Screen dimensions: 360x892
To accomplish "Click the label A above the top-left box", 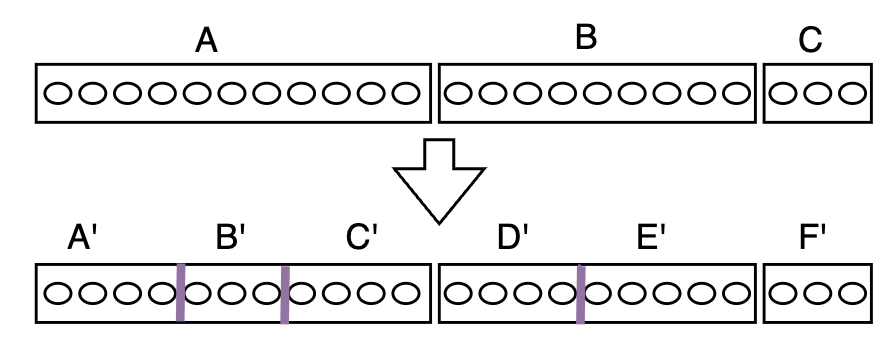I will [206, 41].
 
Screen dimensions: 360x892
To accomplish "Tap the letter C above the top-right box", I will [810, 41].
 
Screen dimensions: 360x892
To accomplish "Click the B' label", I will [232, 240].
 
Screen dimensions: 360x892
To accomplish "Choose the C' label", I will [362, 240].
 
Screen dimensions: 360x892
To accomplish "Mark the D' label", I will [513, 240].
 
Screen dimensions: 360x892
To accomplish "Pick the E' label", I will [652, 240].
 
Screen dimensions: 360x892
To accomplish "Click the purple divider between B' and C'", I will [285, 293].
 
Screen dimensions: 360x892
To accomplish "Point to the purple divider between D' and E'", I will [580, 293].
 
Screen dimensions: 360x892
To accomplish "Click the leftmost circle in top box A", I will [56, 94].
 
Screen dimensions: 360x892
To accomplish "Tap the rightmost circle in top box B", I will [735, 94].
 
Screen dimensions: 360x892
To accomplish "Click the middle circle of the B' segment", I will [232, 293].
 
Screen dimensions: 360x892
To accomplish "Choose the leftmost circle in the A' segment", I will [56, 293].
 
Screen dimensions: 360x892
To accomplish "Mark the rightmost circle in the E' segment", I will [735, 293].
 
